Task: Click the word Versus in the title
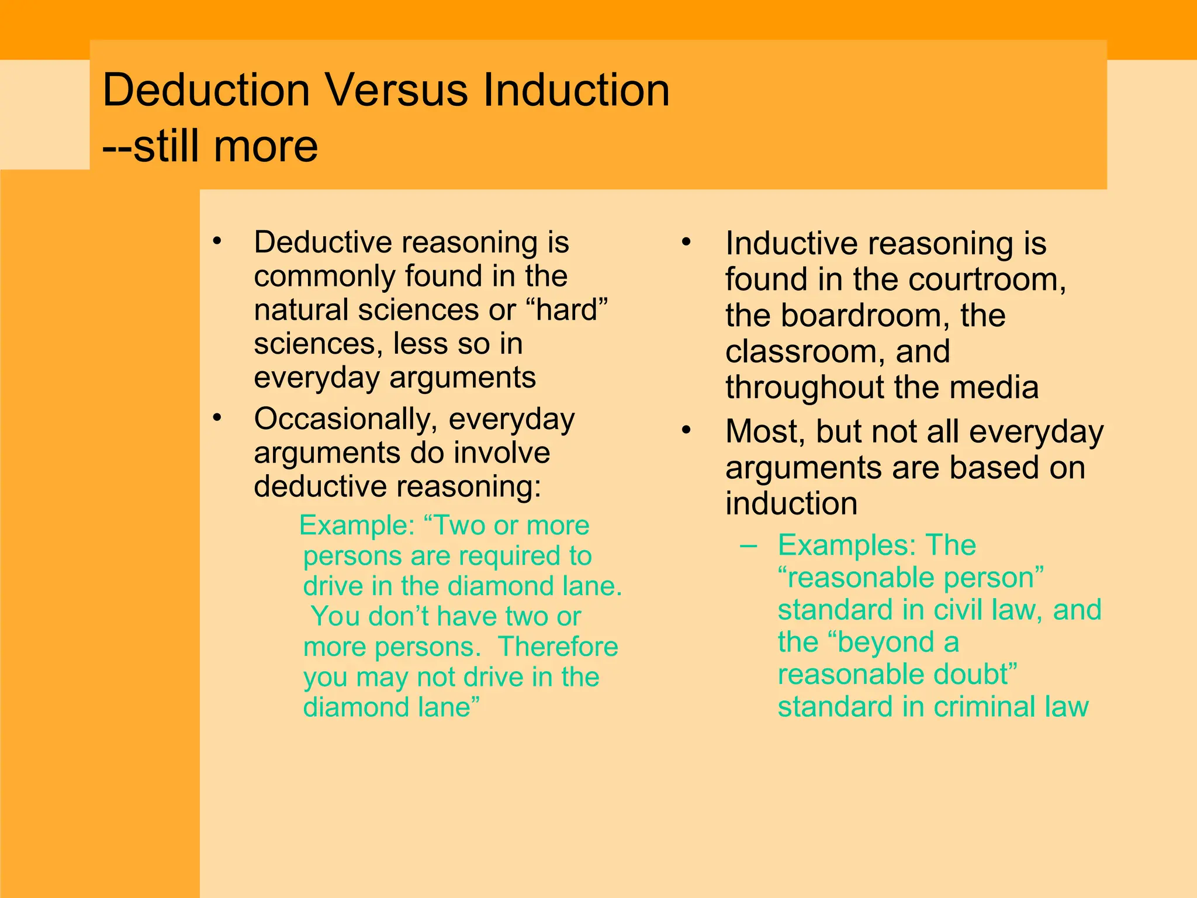click(396, 91)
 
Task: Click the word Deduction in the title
click(206, 91)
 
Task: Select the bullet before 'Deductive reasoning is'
click(217, 241)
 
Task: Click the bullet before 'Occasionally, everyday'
click(217, 418)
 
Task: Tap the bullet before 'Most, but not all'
click(686, 430)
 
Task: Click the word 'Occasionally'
click(345, 420)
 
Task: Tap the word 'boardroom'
click(860, 316)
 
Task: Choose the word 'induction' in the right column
click(791, 503)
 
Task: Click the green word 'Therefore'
click(558, 647)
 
